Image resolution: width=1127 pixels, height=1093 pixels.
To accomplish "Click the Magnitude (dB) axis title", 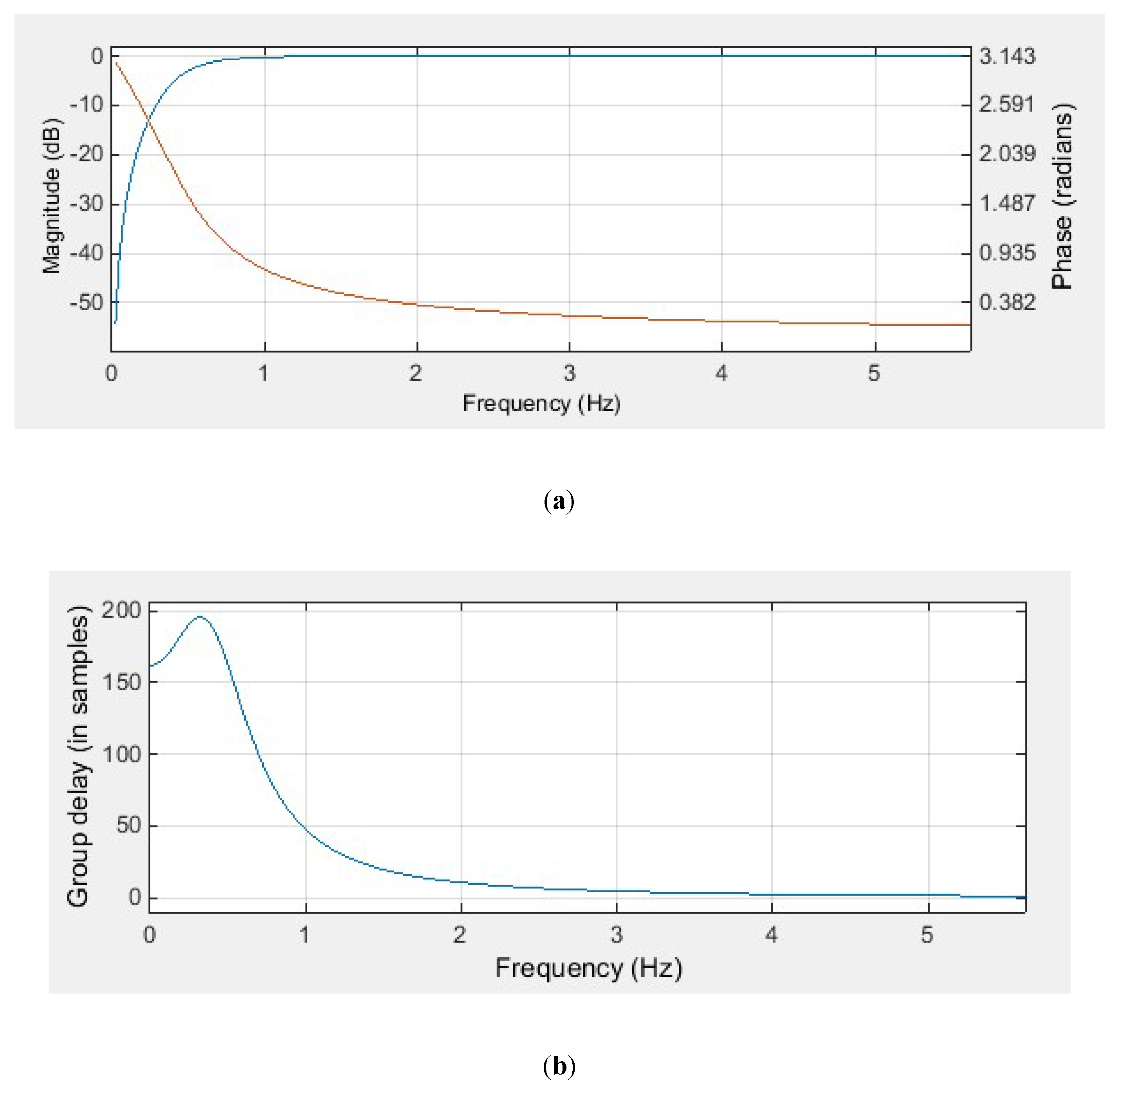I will click(x=52, y=195).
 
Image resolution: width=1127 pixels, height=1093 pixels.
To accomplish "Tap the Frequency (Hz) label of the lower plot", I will click(x=588, y=968).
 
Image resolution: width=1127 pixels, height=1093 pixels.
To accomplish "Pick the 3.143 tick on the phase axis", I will click(x=1007, y=56).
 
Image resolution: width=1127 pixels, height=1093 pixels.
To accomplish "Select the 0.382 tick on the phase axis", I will click(x=1007, y=302).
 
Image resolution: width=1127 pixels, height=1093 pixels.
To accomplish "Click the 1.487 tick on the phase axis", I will click(x=1007, y=203).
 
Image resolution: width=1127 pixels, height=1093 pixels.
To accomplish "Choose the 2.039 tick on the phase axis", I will click(x=1007, y=154).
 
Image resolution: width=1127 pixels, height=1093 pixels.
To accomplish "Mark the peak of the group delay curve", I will click(x=200, y=617).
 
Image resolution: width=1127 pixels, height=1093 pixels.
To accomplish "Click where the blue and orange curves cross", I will click(x=148, y=120).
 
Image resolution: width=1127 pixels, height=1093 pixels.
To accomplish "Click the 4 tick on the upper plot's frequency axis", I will click(x=721, y=373).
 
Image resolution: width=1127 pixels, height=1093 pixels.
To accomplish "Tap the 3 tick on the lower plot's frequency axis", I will click(x=617, y=935).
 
